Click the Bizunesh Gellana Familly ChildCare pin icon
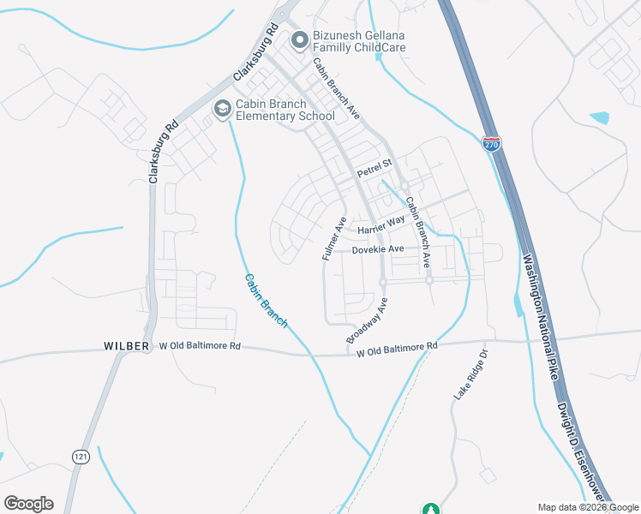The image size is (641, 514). (x=299, y=39)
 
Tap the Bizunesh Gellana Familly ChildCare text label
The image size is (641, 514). (x=357, y=41)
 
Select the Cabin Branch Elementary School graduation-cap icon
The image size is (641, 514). (x=222, y=110)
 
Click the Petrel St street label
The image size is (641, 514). (x=374, y=163)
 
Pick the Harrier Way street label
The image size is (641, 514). (x=381, y=226)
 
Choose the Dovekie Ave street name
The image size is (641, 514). (x=377, y=249)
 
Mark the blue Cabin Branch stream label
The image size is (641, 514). (x=266, y=300)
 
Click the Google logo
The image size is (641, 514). (x=28, y=504)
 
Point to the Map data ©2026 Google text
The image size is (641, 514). (x=588, y=507)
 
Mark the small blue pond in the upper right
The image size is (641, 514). (x=600, y=118)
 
